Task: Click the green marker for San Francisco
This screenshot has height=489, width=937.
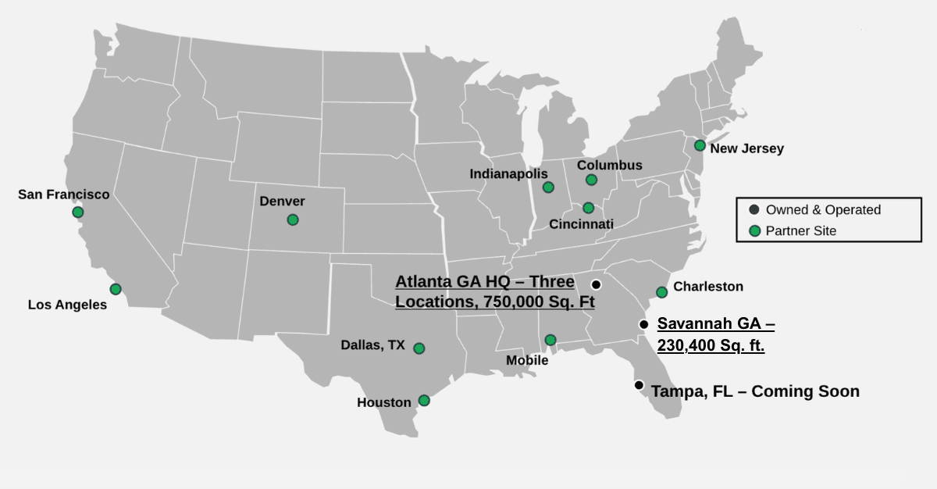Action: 77,212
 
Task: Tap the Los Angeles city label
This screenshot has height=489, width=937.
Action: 67,305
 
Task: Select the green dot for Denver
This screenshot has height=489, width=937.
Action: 293,220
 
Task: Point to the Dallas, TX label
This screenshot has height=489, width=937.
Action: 372,344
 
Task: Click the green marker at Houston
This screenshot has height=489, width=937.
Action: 424,400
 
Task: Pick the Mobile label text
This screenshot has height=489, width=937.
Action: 527,360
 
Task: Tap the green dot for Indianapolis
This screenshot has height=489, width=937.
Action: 548,187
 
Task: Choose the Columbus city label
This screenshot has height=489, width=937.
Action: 609,165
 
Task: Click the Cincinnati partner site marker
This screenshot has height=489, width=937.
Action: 588,208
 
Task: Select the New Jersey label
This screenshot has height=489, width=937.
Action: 746,148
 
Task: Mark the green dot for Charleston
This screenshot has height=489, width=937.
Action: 661,292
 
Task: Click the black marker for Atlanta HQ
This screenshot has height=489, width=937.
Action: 596,284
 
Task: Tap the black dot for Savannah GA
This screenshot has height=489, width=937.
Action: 643,324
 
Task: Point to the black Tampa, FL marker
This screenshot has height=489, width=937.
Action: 639,384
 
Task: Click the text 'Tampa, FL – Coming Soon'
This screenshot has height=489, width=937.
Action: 755,391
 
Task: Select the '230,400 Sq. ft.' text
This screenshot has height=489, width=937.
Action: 711,344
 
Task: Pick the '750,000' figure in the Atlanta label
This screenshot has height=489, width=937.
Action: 514,302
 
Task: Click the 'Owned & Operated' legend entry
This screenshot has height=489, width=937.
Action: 823,209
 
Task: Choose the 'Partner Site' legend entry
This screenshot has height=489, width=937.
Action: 800,230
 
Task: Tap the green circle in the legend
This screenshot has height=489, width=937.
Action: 754,230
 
